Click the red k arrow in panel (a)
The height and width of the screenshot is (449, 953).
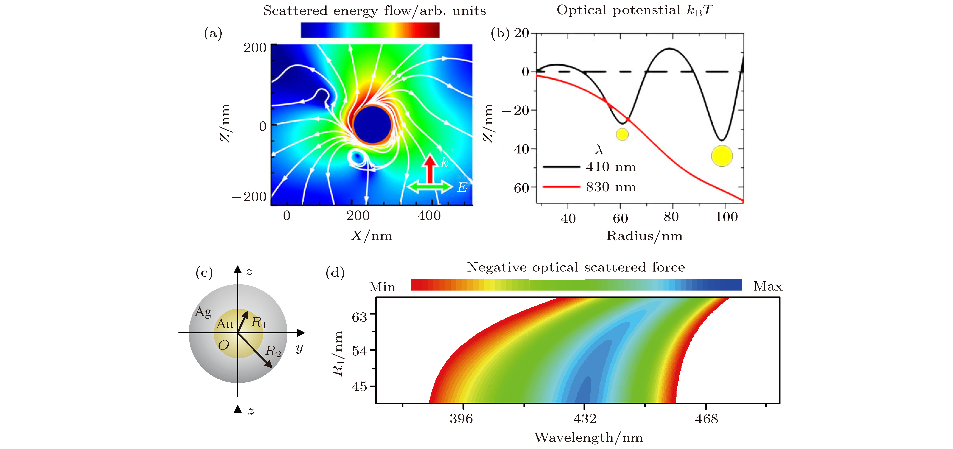(x=430, y=169)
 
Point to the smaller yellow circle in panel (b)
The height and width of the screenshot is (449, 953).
(x=622, y=134)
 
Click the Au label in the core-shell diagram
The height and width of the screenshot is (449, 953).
(x=224, y=324)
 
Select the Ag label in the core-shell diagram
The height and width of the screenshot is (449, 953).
(x=203, y=312)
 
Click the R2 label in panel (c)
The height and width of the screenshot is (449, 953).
(x=273, y=351)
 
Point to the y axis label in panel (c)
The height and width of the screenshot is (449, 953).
(x=299, y=348)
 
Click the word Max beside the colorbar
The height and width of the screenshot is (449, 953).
(x=768, y=286)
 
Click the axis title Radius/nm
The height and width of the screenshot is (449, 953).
(x=644, y=236)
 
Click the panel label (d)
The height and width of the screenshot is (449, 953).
(x=335, y=273)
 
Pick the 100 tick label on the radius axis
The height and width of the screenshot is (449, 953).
(x=726, y=217)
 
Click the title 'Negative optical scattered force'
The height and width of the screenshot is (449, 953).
(x=576, y=267)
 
